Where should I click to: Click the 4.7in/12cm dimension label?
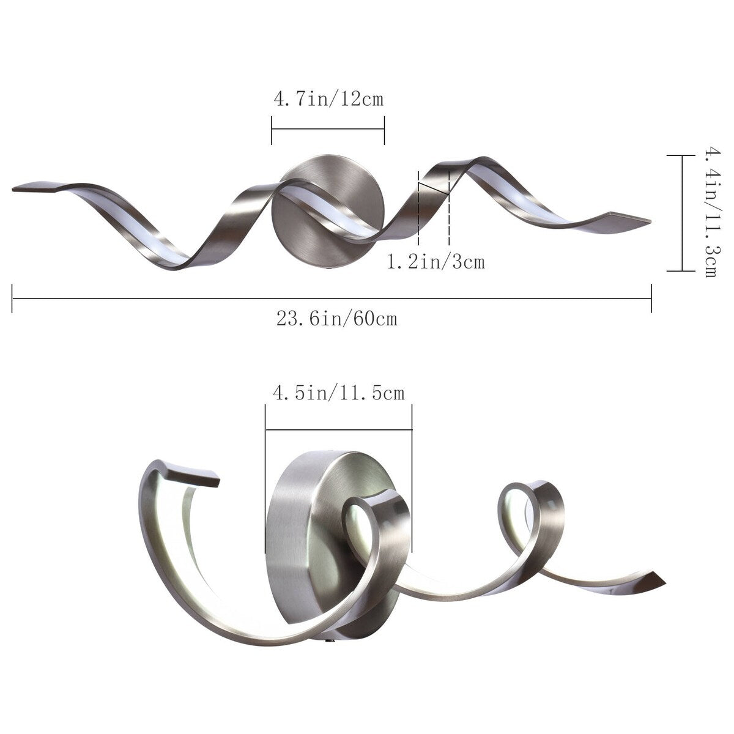[328, 98]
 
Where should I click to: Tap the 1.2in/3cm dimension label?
[436, 262]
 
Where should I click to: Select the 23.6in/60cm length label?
[336, 319]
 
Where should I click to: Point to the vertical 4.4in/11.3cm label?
[710, 212]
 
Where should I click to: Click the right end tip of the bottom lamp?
[662, 578]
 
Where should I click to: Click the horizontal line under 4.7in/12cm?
[328, 128]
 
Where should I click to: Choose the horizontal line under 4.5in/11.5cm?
[338, 429]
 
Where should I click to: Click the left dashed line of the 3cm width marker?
[418, 208]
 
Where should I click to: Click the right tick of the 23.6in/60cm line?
[651, 298]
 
